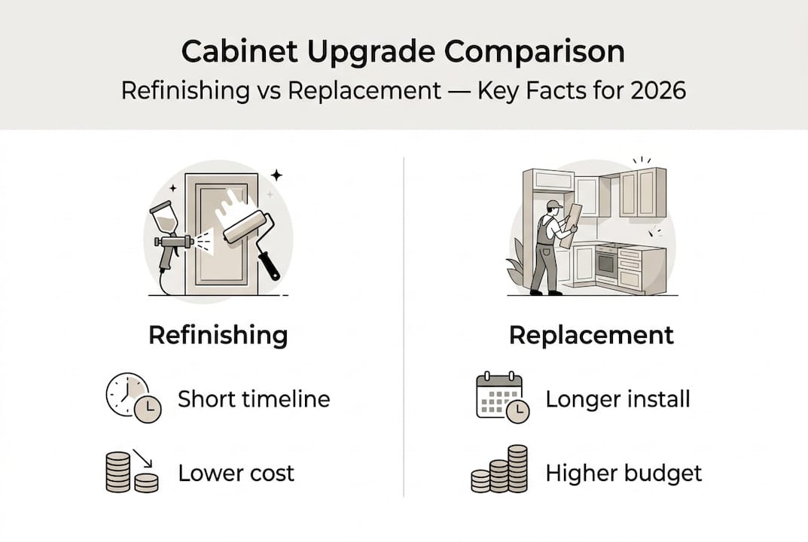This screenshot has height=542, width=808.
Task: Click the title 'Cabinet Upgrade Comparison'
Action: [x=404, y=53]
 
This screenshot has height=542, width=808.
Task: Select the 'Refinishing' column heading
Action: [x=218, y=336]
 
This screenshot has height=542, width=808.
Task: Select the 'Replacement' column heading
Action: [x=591, y=336]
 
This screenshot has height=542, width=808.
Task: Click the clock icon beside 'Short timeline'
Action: [x=133, y=397]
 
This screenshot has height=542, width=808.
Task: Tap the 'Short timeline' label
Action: [x=254, y=398]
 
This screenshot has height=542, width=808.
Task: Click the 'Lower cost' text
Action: [x=236, y=473]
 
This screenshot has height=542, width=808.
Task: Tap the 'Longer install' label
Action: [x=617, y=398]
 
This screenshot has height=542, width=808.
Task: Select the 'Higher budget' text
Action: [x=624, y=473]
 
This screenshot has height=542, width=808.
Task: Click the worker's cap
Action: [x=553, y=204]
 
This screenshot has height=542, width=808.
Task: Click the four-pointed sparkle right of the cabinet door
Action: [x=276, y=175]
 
